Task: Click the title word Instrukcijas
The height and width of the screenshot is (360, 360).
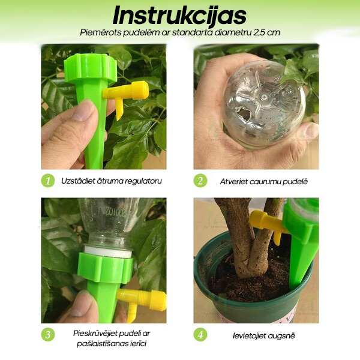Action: click(x=179, y=16)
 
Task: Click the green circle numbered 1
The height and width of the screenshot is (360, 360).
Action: click(x=48, y=181)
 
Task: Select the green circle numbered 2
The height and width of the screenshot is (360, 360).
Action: click(x=200, y=181)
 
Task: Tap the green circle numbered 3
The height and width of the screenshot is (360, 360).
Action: click(x=48, y=335)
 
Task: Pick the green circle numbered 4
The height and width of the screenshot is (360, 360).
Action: click(x=200, y=335)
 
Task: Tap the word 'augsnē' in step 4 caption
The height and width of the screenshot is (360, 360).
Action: click(x=280, y=336)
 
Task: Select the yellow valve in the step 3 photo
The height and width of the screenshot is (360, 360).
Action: click(x=142, y=301)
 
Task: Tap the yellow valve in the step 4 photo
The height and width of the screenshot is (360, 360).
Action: click(x=269, y=225)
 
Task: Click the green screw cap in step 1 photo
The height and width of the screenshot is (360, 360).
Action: click(x=90, y=67)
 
